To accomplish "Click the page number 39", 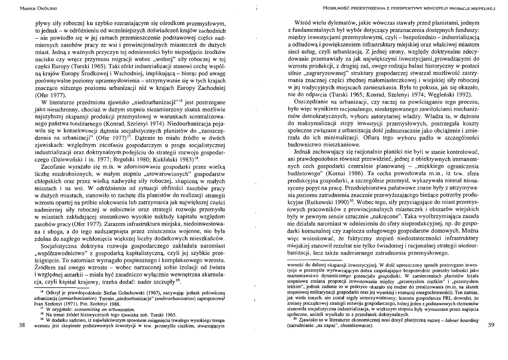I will (490, 325).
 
